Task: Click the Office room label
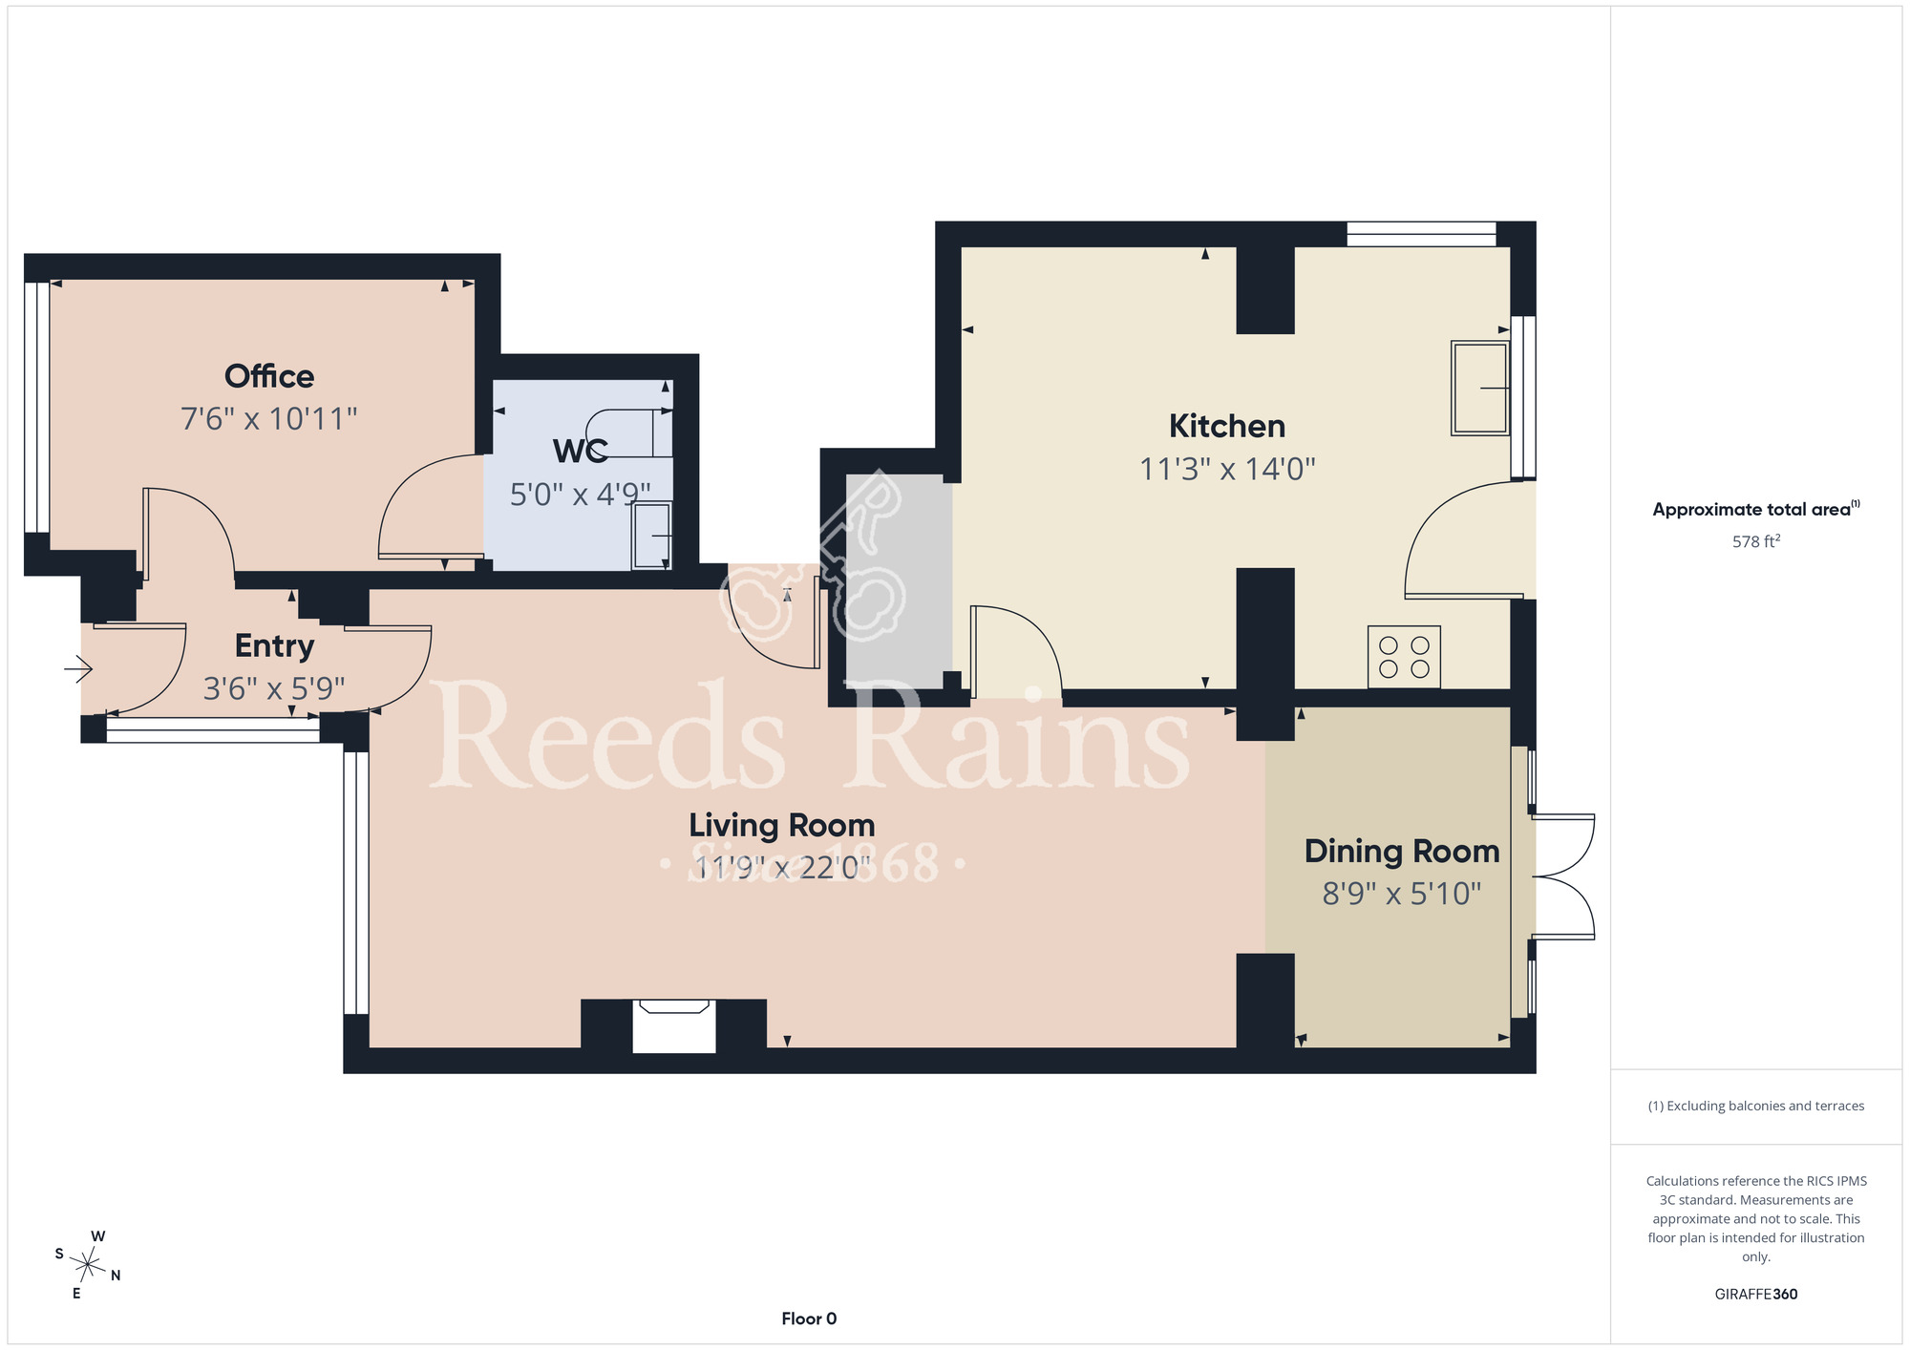point(269,376)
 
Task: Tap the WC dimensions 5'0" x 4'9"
point(580,495)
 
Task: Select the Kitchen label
point(1227,426)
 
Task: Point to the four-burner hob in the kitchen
point(1404,657)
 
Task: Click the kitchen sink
point(1480,388)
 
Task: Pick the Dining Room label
point(1402,851)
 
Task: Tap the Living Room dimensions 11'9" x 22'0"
point(782,868)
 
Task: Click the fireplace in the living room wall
point(674,1026)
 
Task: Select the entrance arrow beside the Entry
point(78,669)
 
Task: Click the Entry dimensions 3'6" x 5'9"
point(274,688)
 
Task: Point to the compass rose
point(88,1266)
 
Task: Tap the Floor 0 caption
point(809,1318)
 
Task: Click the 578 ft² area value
point(1756,541)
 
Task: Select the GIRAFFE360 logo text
point(1756,1295)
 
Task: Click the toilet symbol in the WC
point(626,433)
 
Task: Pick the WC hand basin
point(652,536)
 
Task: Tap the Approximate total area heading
point(1756,509)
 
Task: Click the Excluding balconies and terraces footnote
point(1756,1106)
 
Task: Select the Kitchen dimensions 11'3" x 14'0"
point(1227,469)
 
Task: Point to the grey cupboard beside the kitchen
point(899,580)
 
